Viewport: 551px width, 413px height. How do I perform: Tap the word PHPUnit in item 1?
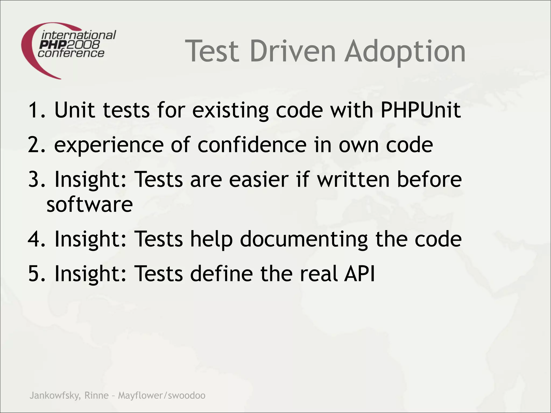pyautogui.click(x=421, y=110)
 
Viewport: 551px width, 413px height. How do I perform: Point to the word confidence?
pyautogui.click(x=252, y=145)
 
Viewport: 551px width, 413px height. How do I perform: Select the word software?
pyautogui.click(x=90, y=204)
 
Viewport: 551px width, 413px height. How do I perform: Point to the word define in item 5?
pyautogui.click(x=221, y=273)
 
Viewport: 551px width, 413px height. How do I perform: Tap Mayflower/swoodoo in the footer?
pyautogui.click(x=162, y=396)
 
